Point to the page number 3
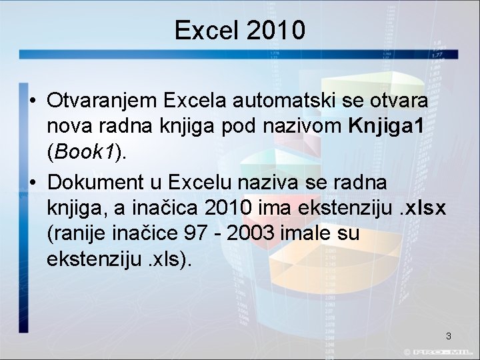449,336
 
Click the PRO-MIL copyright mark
441,351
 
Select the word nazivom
307,127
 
